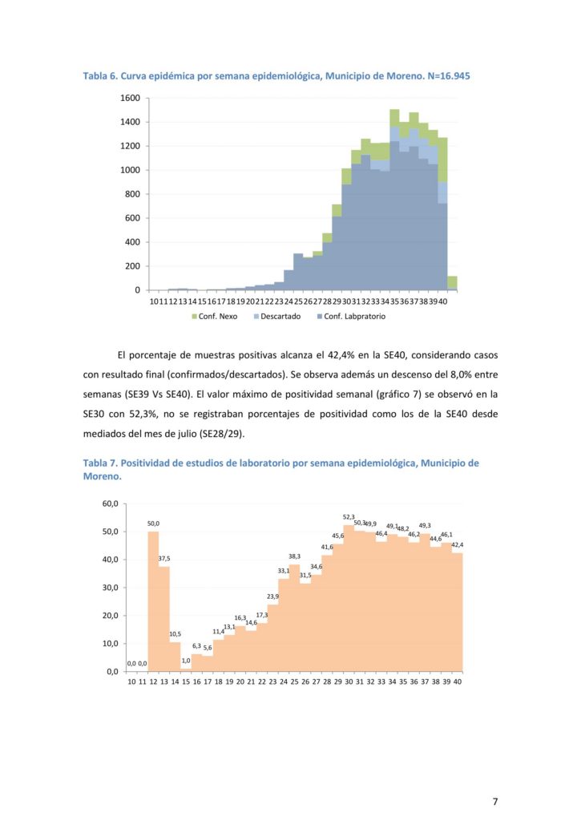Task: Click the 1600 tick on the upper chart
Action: (130, 98)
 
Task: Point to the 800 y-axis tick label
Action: (132, 194)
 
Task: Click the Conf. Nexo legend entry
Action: (210, 317)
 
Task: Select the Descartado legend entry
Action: (276, 317)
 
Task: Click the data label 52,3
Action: (349, 517)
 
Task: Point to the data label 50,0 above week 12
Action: (153, 524)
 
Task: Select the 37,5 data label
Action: (164, 559)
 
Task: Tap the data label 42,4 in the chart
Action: (457, 545)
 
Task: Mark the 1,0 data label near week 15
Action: (186, 661)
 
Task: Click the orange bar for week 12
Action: (153, 601)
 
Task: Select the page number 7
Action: (495, 801)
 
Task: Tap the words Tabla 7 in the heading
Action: (100, 463)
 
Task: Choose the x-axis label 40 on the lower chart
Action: (457, 681)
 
